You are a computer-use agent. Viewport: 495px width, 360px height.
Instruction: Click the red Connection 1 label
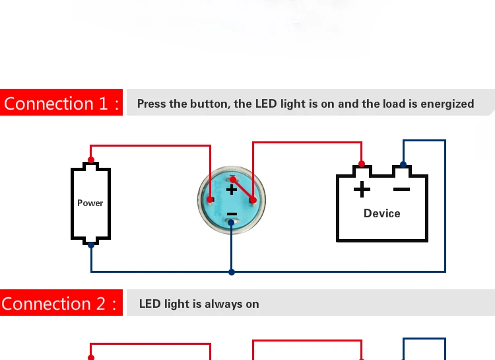point(61,103)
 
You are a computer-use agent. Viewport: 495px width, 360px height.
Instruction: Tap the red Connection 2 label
point(61,304)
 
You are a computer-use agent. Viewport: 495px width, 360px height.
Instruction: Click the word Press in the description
point(152,104)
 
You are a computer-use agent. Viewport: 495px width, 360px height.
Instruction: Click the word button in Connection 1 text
point(207,104)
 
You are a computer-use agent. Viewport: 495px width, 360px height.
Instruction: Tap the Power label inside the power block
point(90,203)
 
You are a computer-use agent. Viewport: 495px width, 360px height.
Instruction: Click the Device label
point(381,213)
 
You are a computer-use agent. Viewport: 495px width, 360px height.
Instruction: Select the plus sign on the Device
point(362,190)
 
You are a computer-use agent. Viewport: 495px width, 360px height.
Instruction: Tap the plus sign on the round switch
point(232,190)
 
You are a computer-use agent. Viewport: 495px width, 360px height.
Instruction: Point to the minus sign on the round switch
point(232,214)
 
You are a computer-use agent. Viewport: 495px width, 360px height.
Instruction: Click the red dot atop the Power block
point(91,160)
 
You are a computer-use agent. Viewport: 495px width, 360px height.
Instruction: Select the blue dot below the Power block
point(91,245)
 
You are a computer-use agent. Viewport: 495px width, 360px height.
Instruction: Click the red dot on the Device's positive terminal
point(362,164)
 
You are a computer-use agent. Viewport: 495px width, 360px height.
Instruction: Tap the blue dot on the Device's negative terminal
point(403,164)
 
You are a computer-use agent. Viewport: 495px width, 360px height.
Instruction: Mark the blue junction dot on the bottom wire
point(231,271)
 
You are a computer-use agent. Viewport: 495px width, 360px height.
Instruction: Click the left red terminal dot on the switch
point(211,199)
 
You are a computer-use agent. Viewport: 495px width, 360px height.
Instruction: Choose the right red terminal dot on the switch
point(253,199)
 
